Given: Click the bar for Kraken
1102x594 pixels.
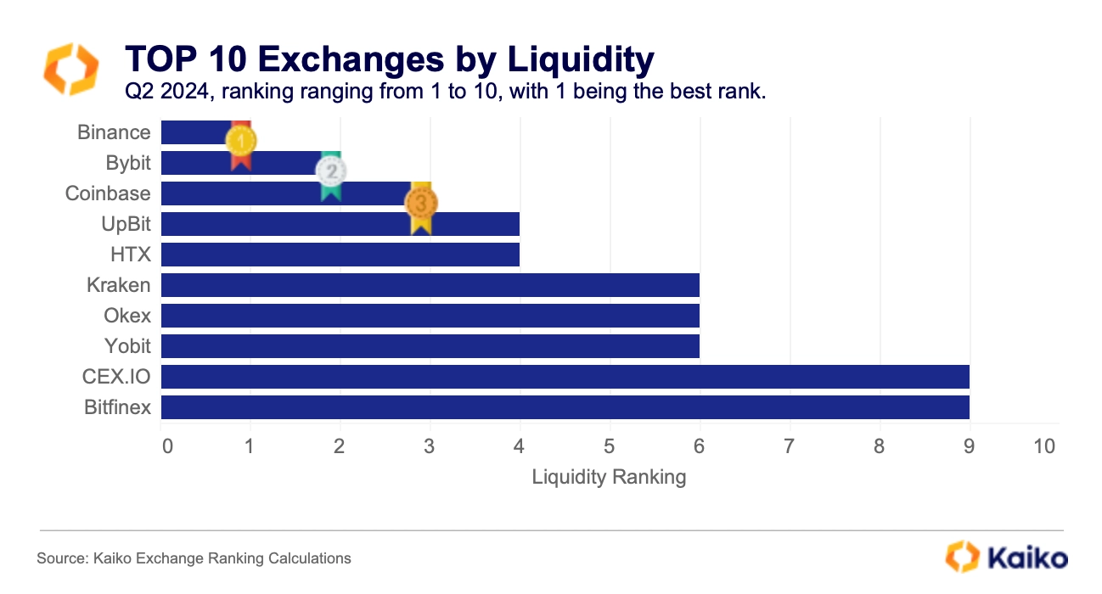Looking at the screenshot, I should tap(430, 285).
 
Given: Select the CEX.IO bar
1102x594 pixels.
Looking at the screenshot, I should tap(565, 377).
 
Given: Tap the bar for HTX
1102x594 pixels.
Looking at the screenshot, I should tap(340, 255).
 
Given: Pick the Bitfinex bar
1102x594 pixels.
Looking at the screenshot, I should tap(565, 407).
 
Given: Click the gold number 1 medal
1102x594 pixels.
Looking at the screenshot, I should tap(241, 141).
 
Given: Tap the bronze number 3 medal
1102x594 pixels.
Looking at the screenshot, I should tap(421, 204).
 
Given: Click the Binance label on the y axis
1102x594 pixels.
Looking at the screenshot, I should tap(114, 132).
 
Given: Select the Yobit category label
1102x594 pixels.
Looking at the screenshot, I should tap(128, 346).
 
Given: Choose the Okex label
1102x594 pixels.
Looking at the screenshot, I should tap(127, 316).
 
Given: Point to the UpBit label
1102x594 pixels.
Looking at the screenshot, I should tap(126, 224).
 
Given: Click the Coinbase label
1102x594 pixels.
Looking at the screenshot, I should tap(108, 193).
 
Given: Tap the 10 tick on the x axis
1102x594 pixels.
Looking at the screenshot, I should tap(1045, 446).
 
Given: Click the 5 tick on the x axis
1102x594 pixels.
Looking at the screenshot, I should tap(609, 446).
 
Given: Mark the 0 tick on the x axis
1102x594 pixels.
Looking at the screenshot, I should tap(166, 446).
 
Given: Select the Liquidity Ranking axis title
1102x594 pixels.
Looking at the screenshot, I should tap(609, 477).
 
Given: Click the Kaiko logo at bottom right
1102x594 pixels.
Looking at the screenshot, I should tap(1006, 558).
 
